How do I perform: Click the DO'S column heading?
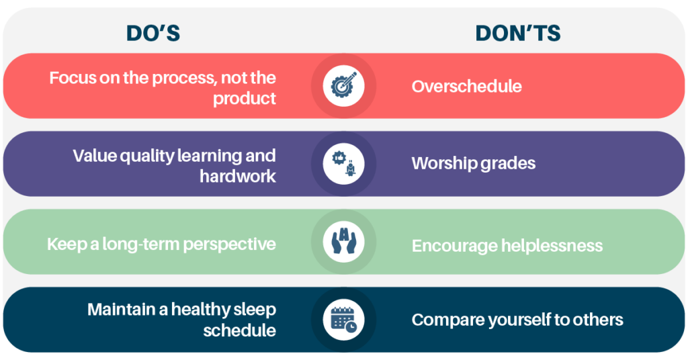[x=153, y=34]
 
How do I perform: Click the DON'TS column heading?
[x=518, y=34]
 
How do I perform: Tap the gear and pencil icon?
[x=343, y=85]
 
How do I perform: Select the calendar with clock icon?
[x=343, y=320]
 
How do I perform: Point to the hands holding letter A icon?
[x=343, y=242]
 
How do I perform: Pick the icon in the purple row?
[x=344, y=164]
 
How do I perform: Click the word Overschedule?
[x=466, y=87]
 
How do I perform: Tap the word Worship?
[x=443, y=164]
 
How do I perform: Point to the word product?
[x=245, y=99]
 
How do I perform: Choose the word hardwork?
[x=238, y=176]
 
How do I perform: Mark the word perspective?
[x=230, y=244]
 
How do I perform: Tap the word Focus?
[x=72, y=78]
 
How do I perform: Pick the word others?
[x=601, y=320]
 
